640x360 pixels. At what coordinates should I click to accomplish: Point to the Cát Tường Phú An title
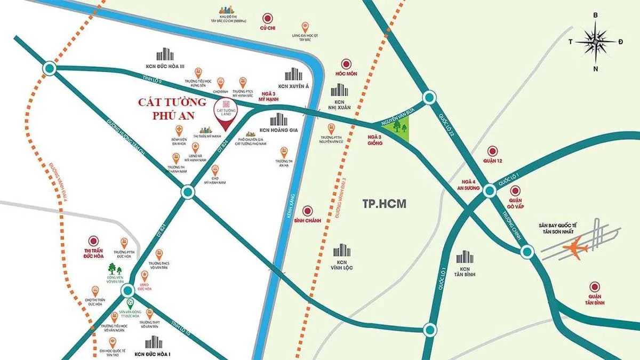pos(172,108)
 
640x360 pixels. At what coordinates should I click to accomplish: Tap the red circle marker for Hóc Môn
pos(346,63)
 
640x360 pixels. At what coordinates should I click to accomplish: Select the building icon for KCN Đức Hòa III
pos(166,54)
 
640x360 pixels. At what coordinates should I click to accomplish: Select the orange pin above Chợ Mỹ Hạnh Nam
pos(215,170)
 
